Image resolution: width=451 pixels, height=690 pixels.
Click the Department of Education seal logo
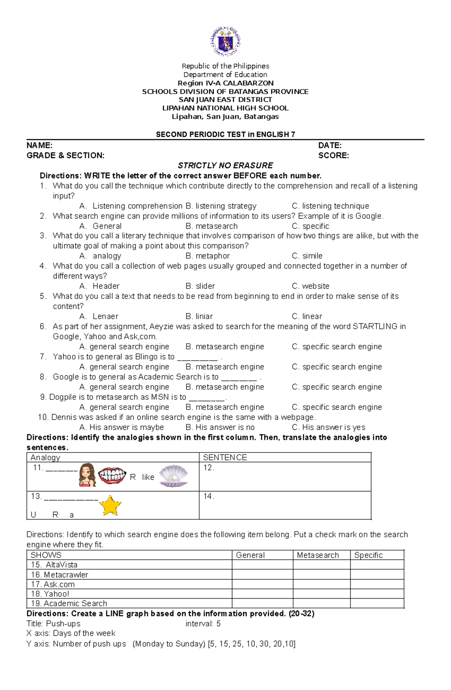pos(225,41)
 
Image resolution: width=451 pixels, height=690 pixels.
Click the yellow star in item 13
pos(110,506)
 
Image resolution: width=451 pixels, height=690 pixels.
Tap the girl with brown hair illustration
pos(87,475)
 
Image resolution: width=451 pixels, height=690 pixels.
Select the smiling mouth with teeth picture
pos(112,476)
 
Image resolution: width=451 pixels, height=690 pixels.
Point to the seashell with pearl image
pos(173,476)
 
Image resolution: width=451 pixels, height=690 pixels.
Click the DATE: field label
pos(330,146)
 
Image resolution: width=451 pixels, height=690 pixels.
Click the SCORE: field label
pos(333,156)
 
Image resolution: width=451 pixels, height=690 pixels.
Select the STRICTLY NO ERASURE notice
pos(225,165)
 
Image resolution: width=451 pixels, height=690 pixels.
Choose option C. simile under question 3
pos(307,256)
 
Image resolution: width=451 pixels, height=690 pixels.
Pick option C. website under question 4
pos(310,286)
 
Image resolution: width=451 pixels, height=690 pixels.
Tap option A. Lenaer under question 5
pos(99,317)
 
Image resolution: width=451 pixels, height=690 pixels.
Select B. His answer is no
pos(220,428)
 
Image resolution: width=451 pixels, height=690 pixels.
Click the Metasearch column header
pos(318,555)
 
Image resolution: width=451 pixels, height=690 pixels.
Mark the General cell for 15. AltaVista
pos(262,565)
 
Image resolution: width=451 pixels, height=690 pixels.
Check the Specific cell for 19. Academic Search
pos(377,604)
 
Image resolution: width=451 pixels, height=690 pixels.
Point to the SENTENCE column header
pos(225,458)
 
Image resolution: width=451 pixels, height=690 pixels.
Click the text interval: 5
pos(203,624)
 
